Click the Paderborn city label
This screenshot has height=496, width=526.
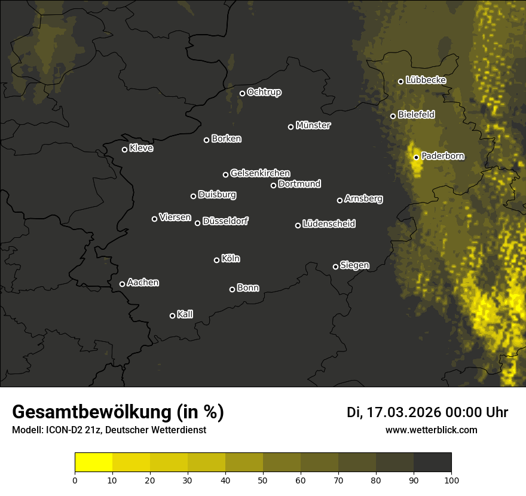443,156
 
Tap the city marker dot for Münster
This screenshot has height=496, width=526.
291,127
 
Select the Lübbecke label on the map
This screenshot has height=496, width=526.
426,80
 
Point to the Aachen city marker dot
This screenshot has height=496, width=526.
123,284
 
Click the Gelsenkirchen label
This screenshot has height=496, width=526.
260,173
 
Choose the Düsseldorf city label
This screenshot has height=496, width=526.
225,221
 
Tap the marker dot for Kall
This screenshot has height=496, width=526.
173,316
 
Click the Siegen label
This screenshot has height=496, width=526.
354,265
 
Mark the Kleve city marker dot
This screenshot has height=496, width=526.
125,149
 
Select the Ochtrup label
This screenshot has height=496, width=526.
264,92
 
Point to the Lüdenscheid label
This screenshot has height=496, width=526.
329,224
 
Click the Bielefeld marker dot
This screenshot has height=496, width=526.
393,116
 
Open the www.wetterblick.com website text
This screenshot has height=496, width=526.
431,430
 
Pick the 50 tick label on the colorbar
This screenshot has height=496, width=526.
263,479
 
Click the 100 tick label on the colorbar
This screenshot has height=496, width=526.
451,479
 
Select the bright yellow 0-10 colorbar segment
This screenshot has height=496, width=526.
94,463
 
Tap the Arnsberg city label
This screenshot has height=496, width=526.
363,198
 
